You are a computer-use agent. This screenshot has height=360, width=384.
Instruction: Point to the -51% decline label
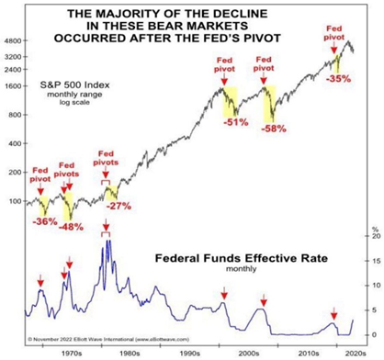click(x=237, y=121)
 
